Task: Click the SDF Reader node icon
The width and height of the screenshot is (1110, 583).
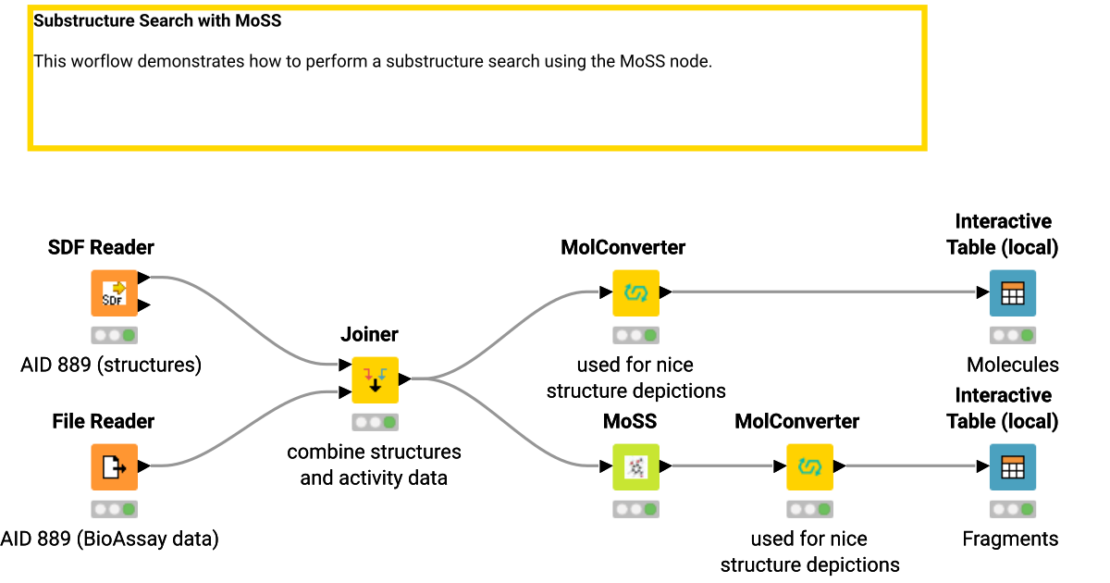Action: (114, 293)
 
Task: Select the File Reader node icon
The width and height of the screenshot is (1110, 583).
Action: (114, 467)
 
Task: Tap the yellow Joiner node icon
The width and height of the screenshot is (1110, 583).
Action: (375, 380)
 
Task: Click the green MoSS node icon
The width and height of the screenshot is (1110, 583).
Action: (635, 467)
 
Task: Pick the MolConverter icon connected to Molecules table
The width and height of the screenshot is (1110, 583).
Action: (635, 293)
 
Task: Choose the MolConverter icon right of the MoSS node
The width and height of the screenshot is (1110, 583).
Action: (809, 467)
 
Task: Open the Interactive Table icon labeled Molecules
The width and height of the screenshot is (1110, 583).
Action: (1012, 293)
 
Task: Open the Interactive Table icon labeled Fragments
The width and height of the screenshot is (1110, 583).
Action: (1012, 467)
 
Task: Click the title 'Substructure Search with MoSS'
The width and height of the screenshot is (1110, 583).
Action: (157, 20)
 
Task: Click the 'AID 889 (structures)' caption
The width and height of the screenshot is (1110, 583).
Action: (111, 365)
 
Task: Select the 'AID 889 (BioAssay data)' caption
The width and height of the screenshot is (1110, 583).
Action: (110, 539)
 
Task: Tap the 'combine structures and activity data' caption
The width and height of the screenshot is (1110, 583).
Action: (374, 465)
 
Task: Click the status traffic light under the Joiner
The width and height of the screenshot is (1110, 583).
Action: (375, 422)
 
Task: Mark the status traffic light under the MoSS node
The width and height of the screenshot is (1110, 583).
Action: (635, 509)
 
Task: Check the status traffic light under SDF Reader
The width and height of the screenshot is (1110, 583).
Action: (114, 335)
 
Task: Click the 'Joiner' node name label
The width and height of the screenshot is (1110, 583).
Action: (370, 334)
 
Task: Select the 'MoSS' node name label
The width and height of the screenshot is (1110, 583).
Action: (630, 421)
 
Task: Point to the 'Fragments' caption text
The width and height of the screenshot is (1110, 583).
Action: (1010, 539)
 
